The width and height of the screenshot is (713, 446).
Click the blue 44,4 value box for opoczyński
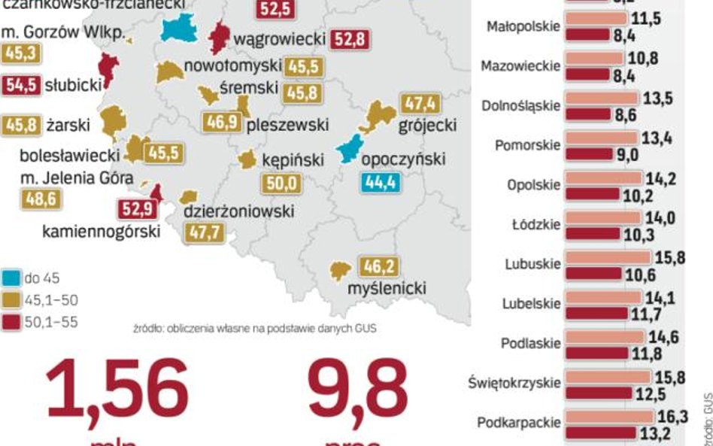click(x=381, y=183)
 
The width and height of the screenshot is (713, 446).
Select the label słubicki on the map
click(x=73, y=85)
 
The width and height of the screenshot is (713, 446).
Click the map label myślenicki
click(x=387, y=288)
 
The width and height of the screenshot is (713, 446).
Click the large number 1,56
click(x=117, y=391)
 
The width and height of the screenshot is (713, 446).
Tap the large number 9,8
click(x=357, y=391)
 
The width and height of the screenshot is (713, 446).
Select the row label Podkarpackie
click(x=519, y=423)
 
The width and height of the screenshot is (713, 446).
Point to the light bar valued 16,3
click(x=610, y=416)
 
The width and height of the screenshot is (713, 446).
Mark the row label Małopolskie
click(x=523, y=27)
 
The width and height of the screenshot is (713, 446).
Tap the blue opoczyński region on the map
click(x=349, y=148)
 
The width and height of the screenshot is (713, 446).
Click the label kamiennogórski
click(x=101, y=232)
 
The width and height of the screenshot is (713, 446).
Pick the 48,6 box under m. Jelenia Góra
click(x=42, y=199)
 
